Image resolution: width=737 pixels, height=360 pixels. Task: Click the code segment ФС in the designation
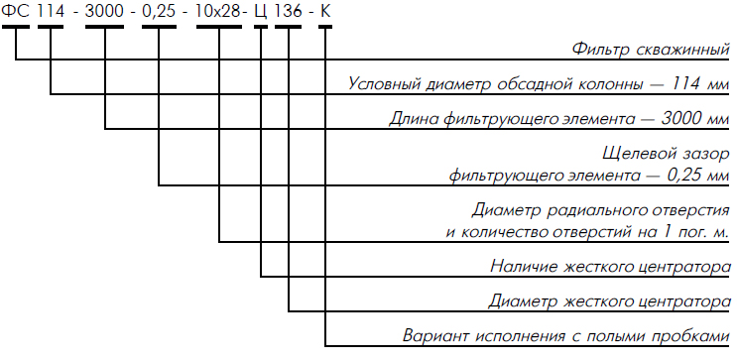coord(16,11)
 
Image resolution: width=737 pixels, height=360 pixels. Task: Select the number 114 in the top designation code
coord(51,11)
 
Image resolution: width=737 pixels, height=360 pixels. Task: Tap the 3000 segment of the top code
coord(104,11)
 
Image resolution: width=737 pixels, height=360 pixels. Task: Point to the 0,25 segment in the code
coord(159,12)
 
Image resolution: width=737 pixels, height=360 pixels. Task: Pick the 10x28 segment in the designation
coord(218,11)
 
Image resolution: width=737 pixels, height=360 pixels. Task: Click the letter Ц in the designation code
coord(261,12)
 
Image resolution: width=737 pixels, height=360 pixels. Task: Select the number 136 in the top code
coord(289,11)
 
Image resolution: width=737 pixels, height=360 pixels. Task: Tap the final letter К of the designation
coord(325,11)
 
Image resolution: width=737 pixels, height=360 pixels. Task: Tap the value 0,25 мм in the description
coord(698,176)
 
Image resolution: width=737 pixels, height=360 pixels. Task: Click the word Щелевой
coord(633,154)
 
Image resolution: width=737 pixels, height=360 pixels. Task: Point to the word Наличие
coord(522,267)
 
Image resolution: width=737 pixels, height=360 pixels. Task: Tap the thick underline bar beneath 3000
coord(104,27)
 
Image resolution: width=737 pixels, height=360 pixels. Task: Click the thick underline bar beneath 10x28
coord(218,27)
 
